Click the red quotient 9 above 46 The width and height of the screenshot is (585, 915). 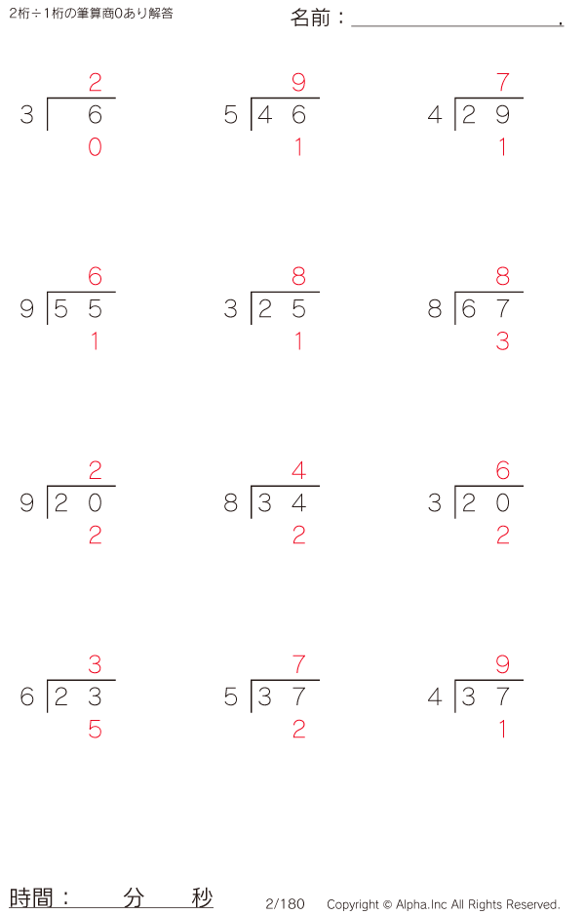point(298,82)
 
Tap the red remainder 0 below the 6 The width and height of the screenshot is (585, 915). point(96,147)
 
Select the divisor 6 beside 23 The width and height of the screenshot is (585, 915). point(27,696)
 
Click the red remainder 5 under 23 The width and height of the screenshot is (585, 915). point(96,730)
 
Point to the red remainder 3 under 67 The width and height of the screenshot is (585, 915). point(503,341)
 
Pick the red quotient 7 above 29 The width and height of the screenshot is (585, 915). point(503,82)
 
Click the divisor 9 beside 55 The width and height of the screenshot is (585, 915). point(27,308)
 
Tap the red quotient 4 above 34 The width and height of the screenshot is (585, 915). point(298,470)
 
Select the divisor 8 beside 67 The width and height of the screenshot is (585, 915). point(435,308)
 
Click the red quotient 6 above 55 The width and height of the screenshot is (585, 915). point(96,277)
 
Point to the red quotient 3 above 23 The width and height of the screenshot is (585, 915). point(96,664)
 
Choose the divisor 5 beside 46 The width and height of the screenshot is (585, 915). point(231,115)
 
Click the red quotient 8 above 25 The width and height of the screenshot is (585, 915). point(298,277)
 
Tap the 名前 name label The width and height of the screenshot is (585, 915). point(310,19)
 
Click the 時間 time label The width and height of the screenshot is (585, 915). point(31,897)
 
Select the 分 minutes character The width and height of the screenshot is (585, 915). point(134,897)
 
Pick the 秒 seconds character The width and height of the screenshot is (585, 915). point(203,897)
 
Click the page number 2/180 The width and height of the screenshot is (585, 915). point(286,904)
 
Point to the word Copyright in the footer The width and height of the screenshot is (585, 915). point(353,904)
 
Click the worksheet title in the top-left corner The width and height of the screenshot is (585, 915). point(91,14)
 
